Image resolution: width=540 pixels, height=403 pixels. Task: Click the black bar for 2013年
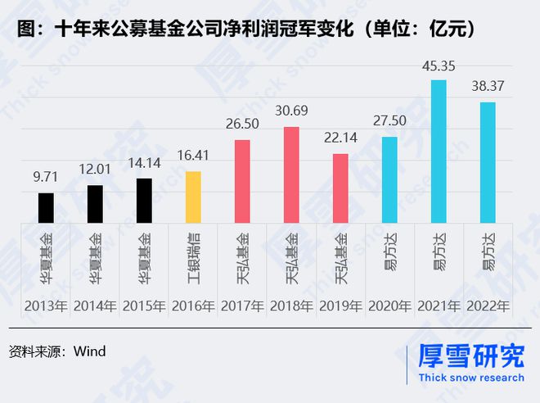[x=47, y=207]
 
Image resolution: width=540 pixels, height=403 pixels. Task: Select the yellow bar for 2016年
[x=193, y=197]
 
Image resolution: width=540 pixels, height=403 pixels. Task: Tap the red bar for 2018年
[x=291, y=174]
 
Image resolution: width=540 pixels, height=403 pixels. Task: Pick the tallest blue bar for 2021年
[x=439, y=151]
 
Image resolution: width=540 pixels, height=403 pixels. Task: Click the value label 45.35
[x=439, y=66]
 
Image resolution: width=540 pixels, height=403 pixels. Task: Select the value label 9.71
[x=47, y=178]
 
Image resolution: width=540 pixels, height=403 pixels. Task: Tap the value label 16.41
[x=193, y=156]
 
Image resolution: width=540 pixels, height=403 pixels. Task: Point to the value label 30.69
[x=291, y=111]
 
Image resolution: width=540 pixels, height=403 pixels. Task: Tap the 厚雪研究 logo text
[x=470, y=356]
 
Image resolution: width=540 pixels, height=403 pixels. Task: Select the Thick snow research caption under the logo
[x=470, y=378]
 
